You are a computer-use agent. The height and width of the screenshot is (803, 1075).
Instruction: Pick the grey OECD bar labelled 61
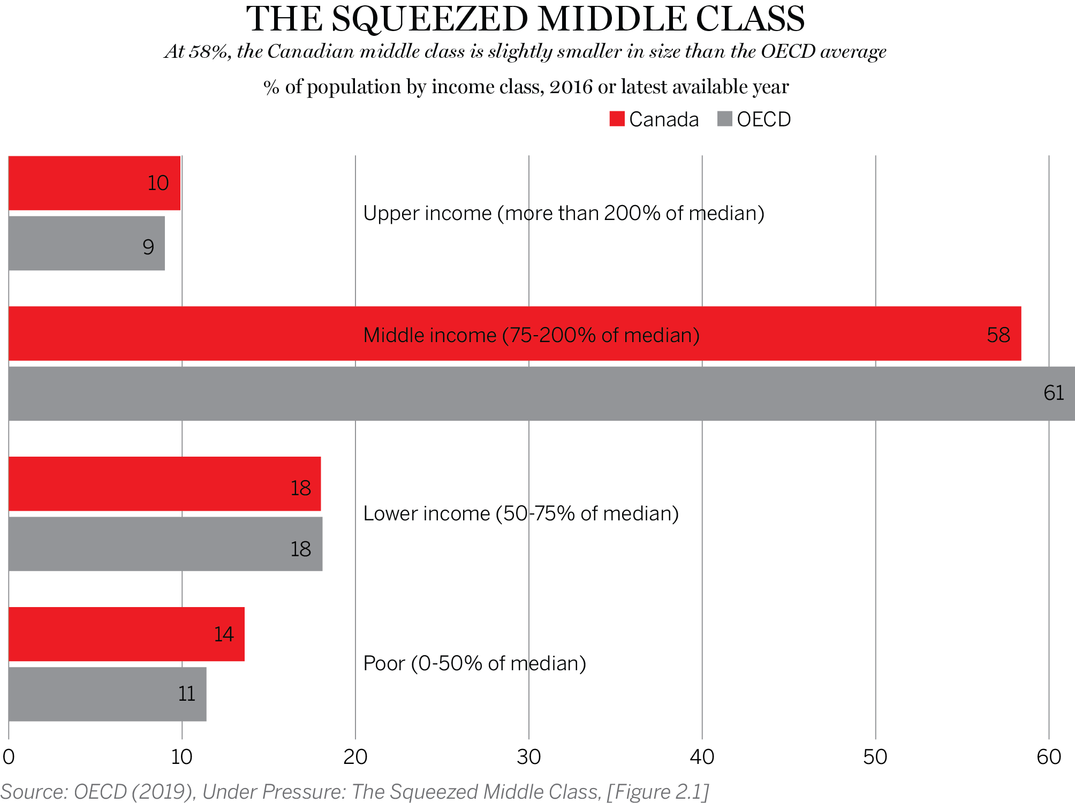point(535,393)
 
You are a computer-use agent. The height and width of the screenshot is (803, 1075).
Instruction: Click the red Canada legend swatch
point(617,119)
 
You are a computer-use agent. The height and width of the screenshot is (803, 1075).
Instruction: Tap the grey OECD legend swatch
point(724,119)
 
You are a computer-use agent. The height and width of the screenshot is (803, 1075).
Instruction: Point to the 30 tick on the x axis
point(528,757)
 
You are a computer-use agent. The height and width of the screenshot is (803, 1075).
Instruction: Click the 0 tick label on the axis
point(9,757)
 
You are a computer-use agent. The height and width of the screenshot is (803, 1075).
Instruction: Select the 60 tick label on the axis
point(1048,757)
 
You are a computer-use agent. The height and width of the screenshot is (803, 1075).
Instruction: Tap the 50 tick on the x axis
point(875,757)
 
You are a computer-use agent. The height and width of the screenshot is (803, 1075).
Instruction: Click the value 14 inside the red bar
point(224,634)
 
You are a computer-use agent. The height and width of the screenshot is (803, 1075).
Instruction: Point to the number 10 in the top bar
point(158,183)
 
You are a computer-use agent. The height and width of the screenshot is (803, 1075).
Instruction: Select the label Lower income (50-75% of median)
point(520,513)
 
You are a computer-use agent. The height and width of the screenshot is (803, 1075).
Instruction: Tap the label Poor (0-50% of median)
point(474,663)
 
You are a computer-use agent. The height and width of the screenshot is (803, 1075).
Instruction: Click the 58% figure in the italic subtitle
point(209,52)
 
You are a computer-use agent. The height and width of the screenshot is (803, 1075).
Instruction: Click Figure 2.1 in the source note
point(657,792)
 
